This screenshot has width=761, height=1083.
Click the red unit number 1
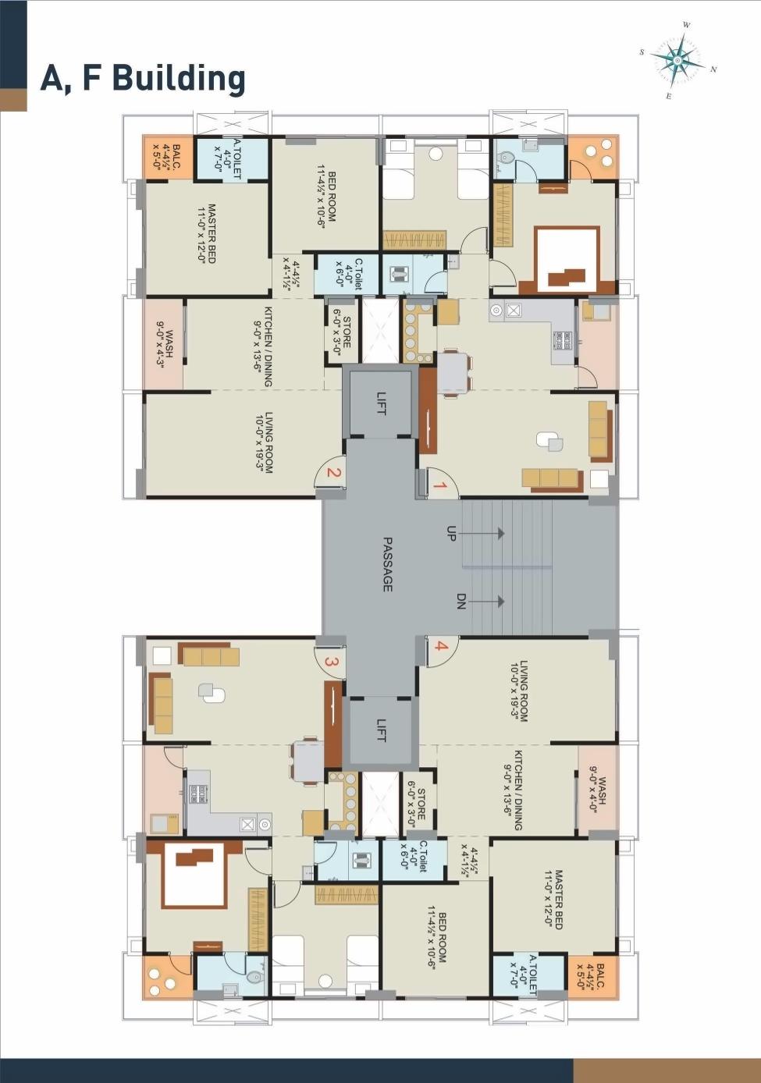click(x=439, y=487)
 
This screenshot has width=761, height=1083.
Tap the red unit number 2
click(x=332, y=472)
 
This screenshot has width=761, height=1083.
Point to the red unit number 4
click(x=441, y=646)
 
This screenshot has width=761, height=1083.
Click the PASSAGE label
click(x=387, y=563)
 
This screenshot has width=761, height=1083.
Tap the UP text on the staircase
click(x=451, y=534)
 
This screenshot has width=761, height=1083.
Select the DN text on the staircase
click(x=461, y=602)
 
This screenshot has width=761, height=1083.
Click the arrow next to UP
click(x=488, y=534)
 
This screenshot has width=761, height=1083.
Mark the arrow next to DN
click(x=488, y=602)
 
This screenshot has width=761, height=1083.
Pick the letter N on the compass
click(x=713, y=69)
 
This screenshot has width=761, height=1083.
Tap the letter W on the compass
click(x=686, y=25)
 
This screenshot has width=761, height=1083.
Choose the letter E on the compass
click(x=668, y=96)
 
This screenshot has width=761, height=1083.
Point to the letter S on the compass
click(x=642, y=52)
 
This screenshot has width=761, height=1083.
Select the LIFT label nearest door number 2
click(x=381, y=403)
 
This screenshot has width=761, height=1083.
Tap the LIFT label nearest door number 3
click(x=381, y=730)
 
